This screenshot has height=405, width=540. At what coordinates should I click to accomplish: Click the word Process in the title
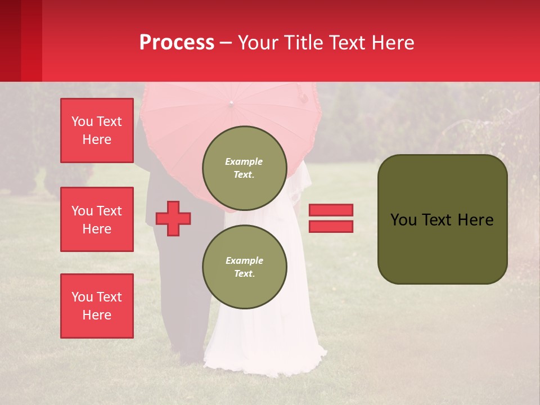click(177, 43)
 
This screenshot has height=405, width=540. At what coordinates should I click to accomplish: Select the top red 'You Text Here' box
click(97, 130)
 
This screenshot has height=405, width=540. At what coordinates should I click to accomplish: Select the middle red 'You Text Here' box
click(97, 219)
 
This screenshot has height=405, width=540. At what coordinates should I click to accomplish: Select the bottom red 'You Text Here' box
click(97, 306)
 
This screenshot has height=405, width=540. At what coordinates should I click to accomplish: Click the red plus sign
click(173, 218)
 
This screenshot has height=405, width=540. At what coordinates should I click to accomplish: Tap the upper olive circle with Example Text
click(244, 168)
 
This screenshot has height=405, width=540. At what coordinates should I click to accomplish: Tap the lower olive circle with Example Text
click(244, 267)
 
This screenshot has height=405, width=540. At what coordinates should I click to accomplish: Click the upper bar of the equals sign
click(331, 210)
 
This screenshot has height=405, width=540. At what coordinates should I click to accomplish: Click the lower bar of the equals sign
click(331, 226)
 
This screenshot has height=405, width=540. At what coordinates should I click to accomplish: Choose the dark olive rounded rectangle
click(442, 219)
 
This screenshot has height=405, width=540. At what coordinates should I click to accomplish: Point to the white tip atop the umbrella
click(231, 103)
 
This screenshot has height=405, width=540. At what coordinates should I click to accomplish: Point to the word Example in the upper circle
click(244, 161)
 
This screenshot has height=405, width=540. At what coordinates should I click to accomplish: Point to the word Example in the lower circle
click(244, 260)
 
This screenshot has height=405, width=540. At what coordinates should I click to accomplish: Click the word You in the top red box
click(82, 121)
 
